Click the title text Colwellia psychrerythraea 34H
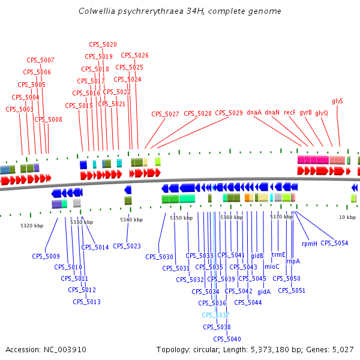tap(180, 11)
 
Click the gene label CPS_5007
tap(40, 60)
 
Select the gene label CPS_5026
tap(134, 55)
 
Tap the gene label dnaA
tap(254, 112)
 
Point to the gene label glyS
tap(337, 101)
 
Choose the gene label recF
tap(290, 112)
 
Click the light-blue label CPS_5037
tap(215, 315)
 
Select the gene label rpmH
tap(309, 244)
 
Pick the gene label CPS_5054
tap(334, 243)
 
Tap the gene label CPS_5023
tap(127, 246)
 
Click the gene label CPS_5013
tap(86, 302)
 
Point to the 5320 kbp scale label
tap(32, 226)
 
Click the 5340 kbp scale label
tap(131, 220)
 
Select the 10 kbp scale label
tap(347, 217)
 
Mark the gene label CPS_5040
tap(226, 339)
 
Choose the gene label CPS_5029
tap(229, 113)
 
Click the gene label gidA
tap(264, 292)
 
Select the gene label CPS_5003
tap(19, 109)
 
